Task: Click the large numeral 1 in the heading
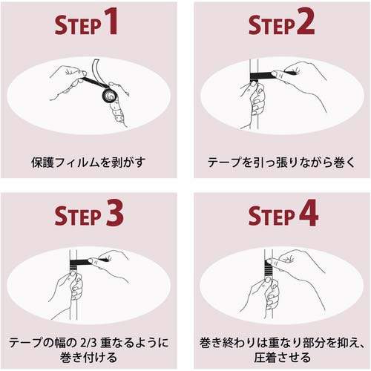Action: (111, 21)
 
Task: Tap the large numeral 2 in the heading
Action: (306, 21)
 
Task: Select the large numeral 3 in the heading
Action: (115, 213)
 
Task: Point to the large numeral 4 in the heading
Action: (309, 213)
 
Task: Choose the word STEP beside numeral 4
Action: (272, 217)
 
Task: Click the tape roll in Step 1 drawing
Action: (110, 95)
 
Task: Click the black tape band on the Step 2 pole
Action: (261, 76)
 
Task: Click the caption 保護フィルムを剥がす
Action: (88, 162)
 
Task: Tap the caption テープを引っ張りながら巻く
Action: (282, 162)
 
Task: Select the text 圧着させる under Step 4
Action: (282, 357)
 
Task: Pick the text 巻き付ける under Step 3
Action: (88, 357)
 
